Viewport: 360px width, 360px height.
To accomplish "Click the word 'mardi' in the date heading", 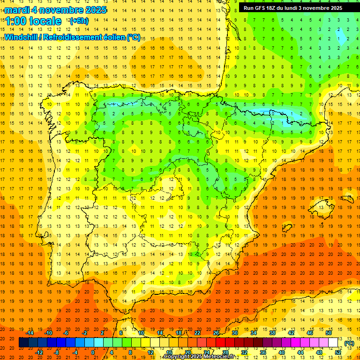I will [16, 10].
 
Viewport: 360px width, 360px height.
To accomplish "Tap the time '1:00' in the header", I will [15, 21].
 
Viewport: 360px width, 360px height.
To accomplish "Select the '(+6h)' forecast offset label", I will [78, 21].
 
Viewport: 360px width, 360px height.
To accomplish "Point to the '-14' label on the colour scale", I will [30, 333].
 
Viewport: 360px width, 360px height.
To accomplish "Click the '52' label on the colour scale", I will [338, 352].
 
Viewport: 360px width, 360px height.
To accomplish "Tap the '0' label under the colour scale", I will [93, 352].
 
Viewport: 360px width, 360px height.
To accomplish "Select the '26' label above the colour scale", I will [216, 333].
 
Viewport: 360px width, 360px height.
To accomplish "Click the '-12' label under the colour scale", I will [39, 352].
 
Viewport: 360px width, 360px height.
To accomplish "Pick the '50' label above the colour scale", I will [329, 333].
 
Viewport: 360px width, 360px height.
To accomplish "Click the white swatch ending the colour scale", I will [333, 343].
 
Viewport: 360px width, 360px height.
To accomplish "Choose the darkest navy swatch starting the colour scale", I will [23, 343].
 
